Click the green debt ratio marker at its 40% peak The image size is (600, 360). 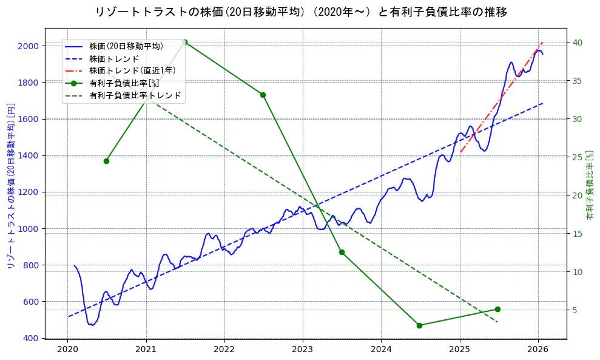[x=184, y=42]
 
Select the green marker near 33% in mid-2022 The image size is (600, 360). [x=263, y=95]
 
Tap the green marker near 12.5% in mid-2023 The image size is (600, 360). [x=342, y=252]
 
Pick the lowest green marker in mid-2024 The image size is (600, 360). [x=419, y=325]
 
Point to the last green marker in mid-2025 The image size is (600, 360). [x=497, y=309]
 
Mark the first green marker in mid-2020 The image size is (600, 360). [x=106, y=161]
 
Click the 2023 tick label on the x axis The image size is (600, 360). [x=303, y=350]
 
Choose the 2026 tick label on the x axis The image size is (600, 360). [x=538, y=350]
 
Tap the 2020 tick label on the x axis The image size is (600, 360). [x=67, y=350]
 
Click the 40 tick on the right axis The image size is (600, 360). [x=577, y=42]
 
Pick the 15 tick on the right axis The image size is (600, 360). [x=577, y=234]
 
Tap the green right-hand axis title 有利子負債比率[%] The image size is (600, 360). [x=590, y=185]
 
